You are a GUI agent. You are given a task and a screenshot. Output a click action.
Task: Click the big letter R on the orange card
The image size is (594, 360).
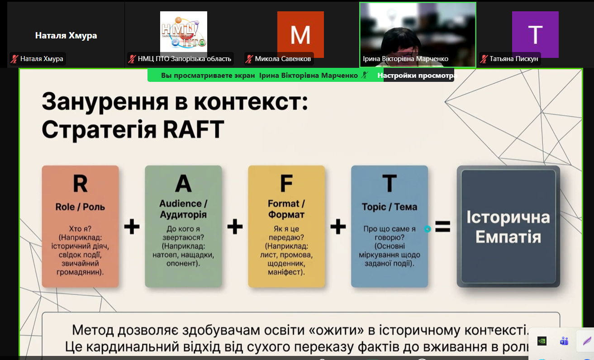(x=80, y=184)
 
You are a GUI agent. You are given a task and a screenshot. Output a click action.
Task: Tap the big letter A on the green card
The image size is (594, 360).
(x=183, y=184)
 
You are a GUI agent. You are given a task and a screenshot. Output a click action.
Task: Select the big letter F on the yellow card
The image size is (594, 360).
(x=286, y=184)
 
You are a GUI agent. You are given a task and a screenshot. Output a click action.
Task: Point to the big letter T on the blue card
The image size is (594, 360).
(x=389, y=184)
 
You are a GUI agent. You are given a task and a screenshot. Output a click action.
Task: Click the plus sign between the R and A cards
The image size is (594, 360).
(x=132, y=227)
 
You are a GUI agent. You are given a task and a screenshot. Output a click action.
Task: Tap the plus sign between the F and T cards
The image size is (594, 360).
(x=338, y=227)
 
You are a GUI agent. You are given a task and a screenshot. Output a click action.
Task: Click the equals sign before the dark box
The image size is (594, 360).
(x=442, y=227)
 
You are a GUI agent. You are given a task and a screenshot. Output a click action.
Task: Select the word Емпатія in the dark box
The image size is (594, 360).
(x=508, y=237)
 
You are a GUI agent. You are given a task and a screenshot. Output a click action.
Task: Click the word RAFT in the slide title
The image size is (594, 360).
(x=194, y=129)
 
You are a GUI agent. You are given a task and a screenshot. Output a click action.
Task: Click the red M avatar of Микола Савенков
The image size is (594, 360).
(x=300, y=34)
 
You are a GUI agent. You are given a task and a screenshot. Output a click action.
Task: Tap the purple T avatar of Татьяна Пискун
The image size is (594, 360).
(x=535, y=34)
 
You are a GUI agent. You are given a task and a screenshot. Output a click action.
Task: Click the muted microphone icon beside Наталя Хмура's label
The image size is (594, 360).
(x=14, y=59)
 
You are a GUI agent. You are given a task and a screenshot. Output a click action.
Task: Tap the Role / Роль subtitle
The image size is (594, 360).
(x=80, y=207)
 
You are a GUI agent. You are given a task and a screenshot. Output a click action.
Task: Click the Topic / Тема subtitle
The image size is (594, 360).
(x=389, y=207)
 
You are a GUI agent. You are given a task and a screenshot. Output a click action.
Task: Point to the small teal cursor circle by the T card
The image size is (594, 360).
(x=427, y=229)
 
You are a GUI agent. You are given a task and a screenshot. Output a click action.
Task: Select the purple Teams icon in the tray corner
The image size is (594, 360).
(x=564, y=341)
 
